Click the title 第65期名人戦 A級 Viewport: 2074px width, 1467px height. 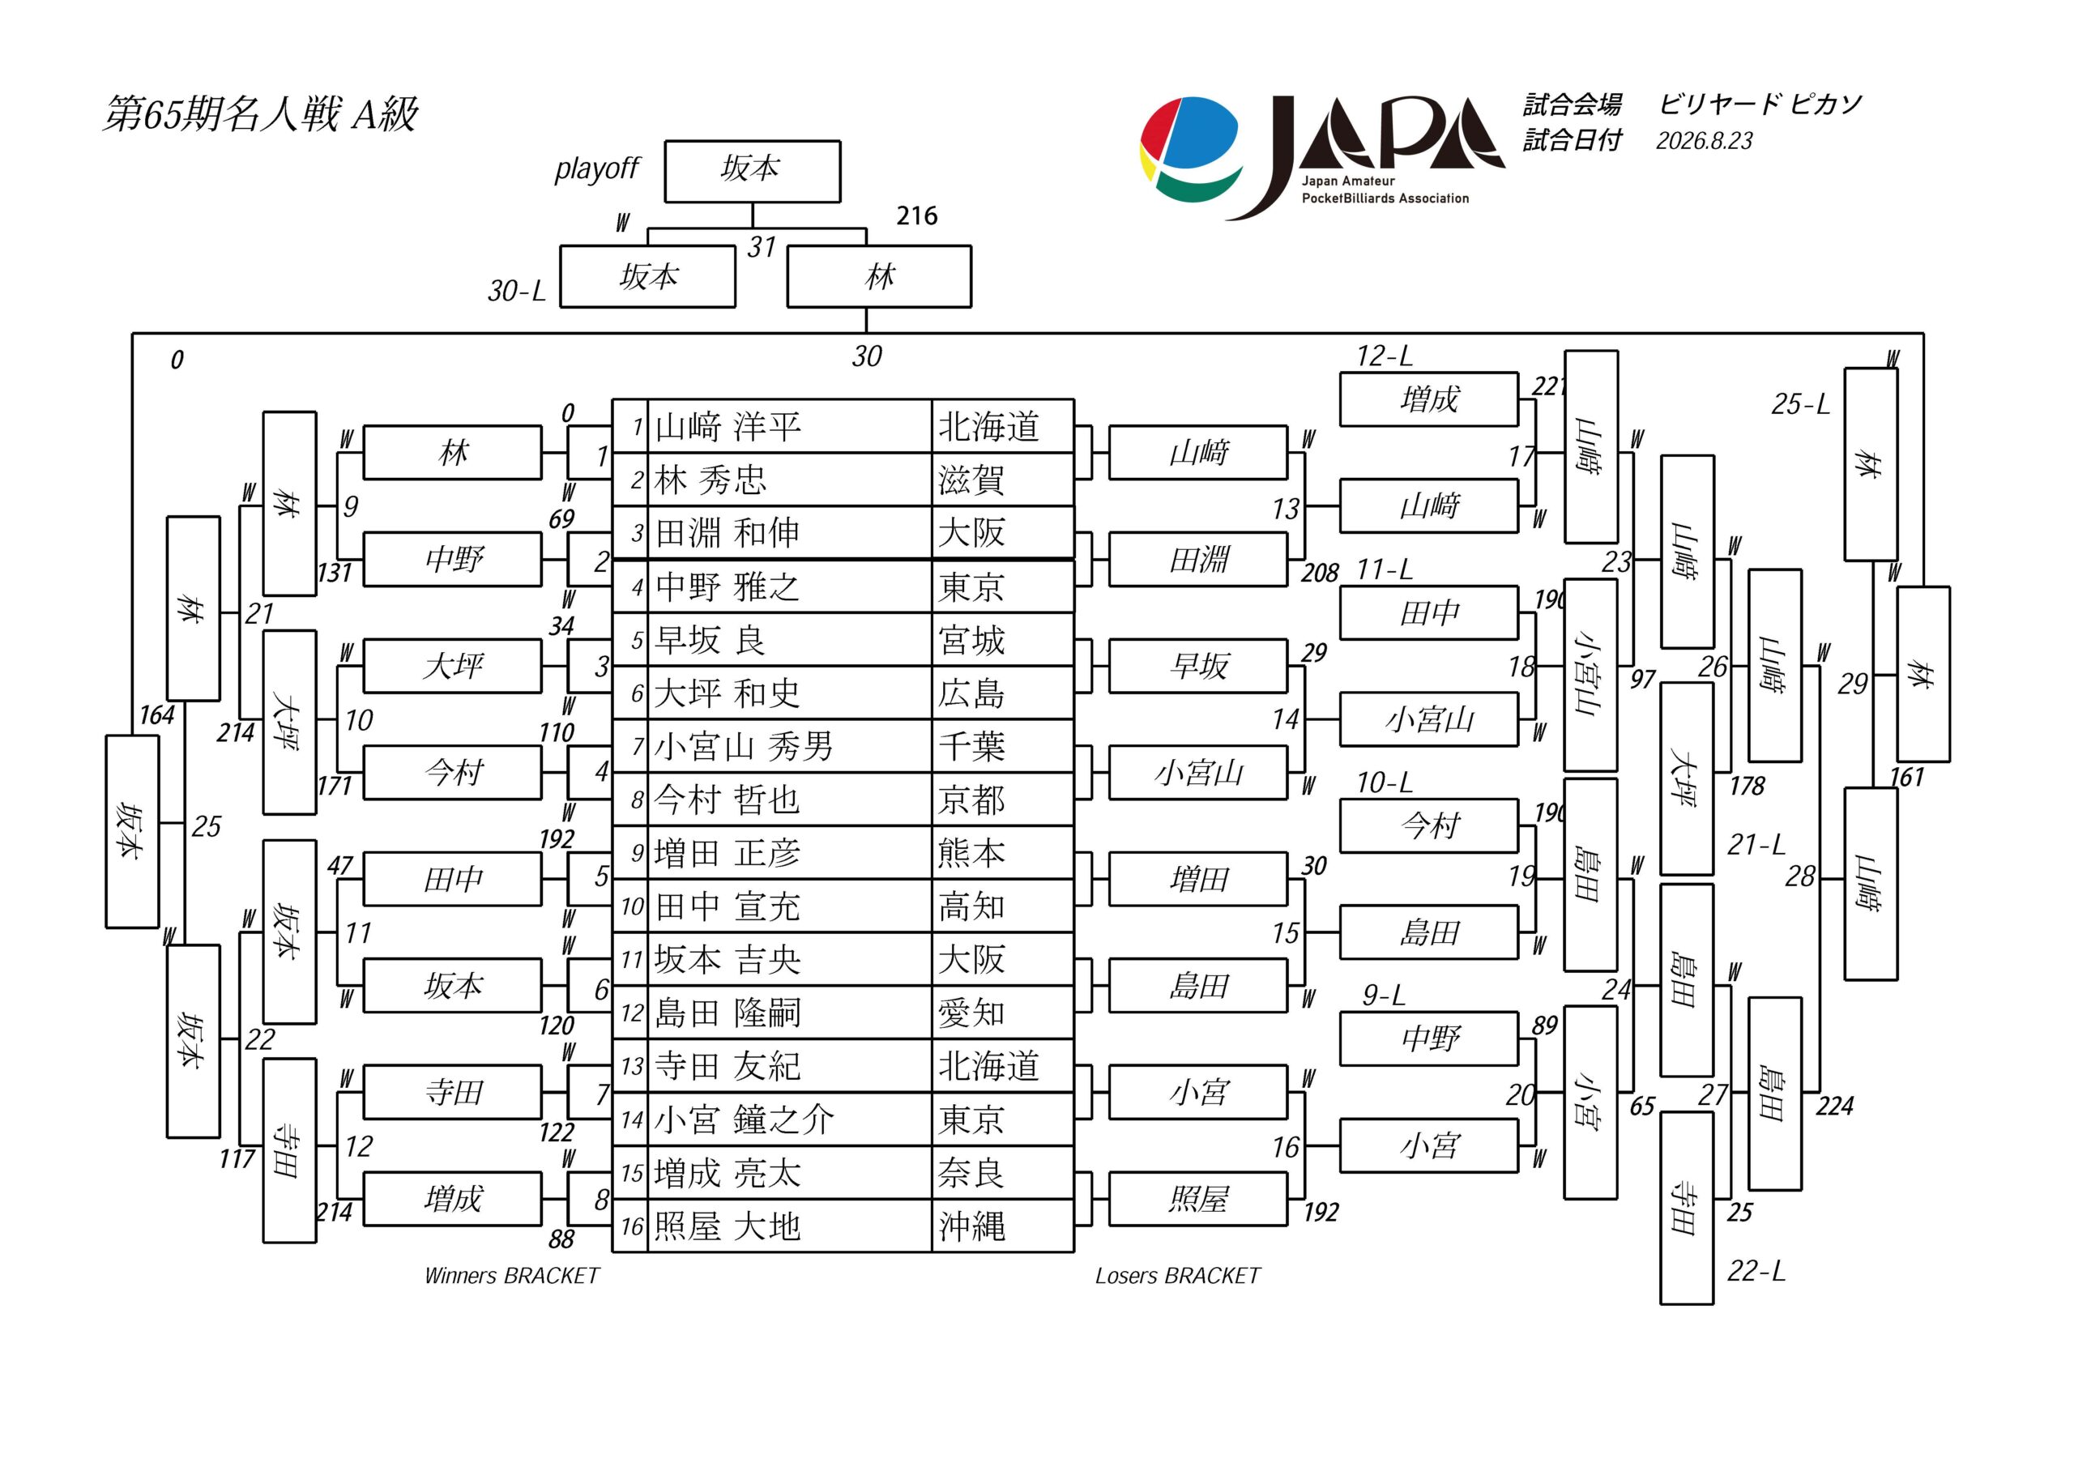tap(260, 115)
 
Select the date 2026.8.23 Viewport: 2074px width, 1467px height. tap(1704, 141)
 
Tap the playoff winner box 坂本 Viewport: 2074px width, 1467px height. tap(753, 171)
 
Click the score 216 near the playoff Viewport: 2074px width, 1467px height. tap(917, 216)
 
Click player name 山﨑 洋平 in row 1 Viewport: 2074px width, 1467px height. tap(728, 426)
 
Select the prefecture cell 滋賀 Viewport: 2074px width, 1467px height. tap(971, 480)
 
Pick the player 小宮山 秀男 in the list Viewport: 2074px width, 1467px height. tap(744, 746)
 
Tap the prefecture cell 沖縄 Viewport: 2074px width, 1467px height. tap(971, 1226)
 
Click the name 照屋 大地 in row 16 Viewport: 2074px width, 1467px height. tap(728, 1226)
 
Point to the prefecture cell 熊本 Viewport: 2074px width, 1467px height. tap(971, 853)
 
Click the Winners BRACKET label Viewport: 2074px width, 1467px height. tap(511, 1276)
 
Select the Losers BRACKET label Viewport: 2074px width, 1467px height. tap(1177, 1276)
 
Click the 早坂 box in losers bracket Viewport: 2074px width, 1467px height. tap(1197, 667)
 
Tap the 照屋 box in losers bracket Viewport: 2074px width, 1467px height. tap(1197, 1199)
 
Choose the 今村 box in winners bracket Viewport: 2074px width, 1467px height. tap(453, 772)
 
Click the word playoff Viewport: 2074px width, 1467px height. tap(596, 169)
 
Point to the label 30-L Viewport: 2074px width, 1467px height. tap(517, 291)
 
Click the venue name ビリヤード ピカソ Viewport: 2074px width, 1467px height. tap(1760, 104)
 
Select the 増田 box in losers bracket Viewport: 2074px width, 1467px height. tap(1197, 879)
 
